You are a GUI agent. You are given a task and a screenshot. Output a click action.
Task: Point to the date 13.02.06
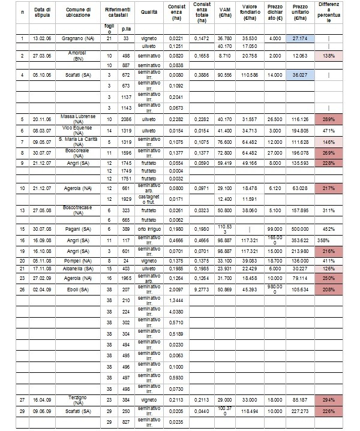[43, 38]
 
